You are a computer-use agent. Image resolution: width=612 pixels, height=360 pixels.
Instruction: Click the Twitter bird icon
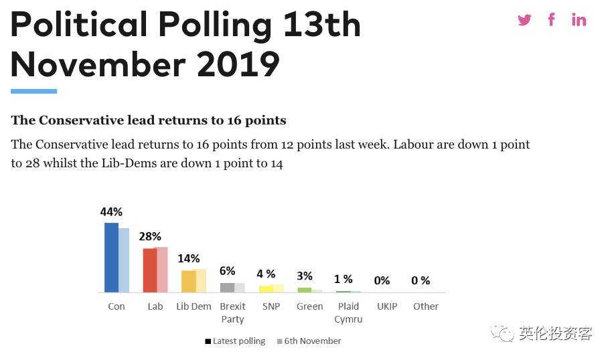click(x=524, y=19)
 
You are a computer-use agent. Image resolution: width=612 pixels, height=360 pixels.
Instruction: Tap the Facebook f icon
click(x=552, y=19)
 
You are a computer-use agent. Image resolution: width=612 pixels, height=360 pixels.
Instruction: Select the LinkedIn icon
click(x=579, y=19)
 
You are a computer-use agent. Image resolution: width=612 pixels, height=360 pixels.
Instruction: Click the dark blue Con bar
click(x=111, y=258)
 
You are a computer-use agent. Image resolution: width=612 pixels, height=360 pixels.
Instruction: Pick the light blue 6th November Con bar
click(x=124, y=260)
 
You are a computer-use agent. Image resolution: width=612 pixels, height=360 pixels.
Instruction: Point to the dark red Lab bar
click(x=150, y=270)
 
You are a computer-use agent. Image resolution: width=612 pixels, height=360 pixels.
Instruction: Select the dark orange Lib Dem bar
click(x=189, y=281)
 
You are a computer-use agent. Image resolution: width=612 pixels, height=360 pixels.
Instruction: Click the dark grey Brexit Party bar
click(x=227, y=288)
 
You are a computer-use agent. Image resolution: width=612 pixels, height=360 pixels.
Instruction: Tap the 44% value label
click(x=111, y=212)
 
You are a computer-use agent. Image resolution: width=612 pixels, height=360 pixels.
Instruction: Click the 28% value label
click(x=150, y=236)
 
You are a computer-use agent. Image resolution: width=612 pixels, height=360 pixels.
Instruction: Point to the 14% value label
click(x=189, y=258)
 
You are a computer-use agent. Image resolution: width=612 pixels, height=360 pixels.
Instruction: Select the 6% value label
click(x=227, y=271)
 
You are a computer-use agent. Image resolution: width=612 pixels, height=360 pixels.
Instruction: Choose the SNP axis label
click(x=271, y=306)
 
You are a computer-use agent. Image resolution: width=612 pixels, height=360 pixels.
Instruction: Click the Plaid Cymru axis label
click(x=348, y=312)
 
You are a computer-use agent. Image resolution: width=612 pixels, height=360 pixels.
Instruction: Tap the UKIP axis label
click(x=387, y=306)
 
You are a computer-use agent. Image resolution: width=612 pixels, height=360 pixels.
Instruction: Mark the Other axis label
click(x=425, y=306)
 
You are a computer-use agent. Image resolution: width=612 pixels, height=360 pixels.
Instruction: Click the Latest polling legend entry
click(x=235, y=341)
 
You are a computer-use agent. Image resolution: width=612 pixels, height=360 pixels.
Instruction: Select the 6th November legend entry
click(x=309, y=341)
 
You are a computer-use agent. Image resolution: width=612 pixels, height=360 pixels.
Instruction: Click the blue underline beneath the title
click(x=33, y=91)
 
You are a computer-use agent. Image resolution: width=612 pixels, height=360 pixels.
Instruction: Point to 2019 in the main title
click(x=238, y=64)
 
